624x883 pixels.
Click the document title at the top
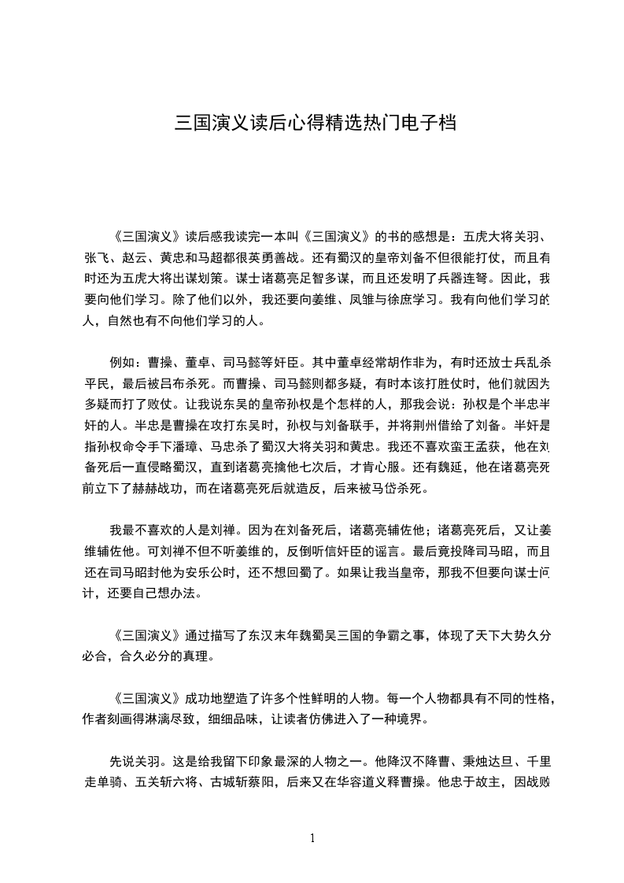[x=314, y=124]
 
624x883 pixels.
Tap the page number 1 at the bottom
[x=312, y=838]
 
